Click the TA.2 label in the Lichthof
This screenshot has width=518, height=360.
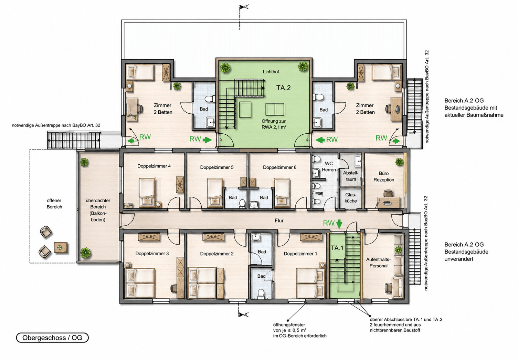(x=283, y=88)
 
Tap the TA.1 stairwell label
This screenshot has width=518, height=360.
(x=337, y=248)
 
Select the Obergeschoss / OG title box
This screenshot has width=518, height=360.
(x=52, y=338)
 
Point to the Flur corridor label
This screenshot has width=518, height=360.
(x=279, y=220)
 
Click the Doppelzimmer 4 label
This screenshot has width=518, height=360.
(x=154, y=166)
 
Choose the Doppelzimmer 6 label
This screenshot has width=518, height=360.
(x=279, y=167)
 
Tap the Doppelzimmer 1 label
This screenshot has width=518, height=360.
(x=300, y=254)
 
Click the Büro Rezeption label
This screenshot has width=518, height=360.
(x=384, y=176)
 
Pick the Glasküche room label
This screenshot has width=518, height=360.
(x=351, y=198)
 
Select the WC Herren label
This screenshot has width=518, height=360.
(x=329, y=167)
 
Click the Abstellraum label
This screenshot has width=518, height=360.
(x=351, y=176)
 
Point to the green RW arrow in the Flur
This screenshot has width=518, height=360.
(x=339, y=224)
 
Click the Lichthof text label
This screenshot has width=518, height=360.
(x=271, y=72)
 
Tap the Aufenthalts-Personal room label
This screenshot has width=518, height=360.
(x=378, y=263)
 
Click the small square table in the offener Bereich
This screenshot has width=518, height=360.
(x=61, y=247)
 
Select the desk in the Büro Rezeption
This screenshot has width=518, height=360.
(x=389, y=203)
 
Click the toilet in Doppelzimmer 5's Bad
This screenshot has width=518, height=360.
(x=242, y=204)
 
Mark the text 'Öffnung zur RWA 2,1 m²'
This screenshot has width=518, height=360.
(x=274, y=124)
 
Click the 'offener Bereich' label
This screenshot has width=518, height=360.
(x=54, y=204)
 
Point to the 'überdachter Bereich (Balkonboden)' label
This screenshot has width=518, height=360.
(x=98, y=210)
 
